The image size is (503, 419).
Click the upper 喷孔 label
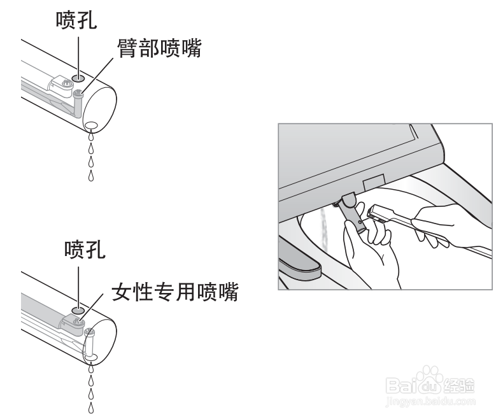click(x=76, y=20)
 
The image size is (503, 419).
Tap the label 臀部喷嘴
click(x=159, y=48)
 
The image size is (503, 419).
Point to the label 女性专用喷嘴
click(x=175, y=292)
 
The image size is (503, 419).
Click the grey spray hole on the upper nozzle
click(x=78, y=78)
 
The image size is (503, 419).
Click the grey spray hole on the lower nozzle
click(x=78, y=310)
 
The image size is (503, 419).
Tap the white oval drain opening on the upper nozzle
click(x=92, y=125)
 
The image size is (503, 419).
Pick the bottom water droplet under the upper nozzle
click(x=91, y=175)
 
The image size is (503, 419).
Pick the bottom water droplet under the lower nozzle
click(x=91, y=408)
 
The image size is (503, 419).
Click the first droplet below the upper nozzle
click(x=91, y=136)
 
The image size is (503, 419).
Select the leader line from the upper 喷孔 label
click(x=78, y=55)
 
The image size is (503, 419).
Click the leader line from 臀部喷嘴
click(x=97, y=76)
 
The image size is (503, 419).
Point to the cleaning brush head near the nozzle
click(x=380, y=214)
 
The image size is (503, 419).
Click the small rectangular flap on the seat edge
click(x=373, y=181)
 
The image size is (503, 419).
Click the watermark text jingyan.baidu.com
click(x=430, y=402)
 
